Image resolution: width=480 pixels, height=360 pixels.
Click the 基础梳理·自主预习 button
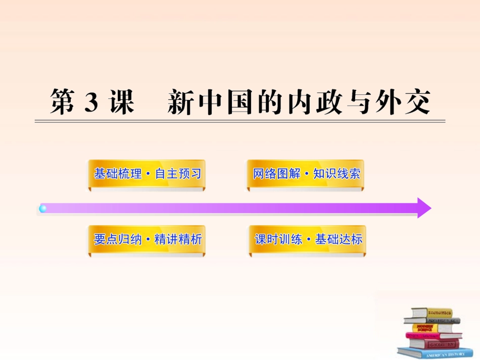[x=147, y=174]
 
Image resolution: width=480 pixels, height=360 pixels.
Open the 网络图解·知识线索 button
[x=306, y=174]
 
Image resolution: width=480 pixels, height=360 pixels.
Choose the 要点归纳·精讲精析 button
[x=147, y=239]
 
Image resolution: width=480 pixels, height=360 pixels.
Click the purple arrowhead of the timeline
[x=423, y=208]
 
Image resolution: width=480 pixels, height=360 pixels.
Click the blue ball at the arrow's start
[x=43, y=208]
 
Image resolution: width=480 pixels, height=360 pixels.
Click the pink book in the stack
[x=429, y=335]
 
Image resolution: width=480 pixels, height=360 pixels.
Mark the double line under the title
[x=240, y=121]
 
